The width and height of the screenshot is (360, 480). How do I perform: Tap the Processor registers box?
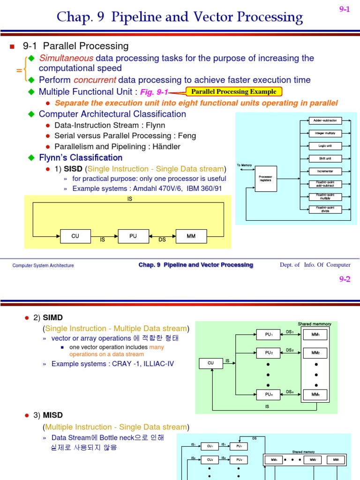point(265,178)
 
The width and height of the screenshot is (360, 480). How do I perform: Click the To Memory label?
point(244,165)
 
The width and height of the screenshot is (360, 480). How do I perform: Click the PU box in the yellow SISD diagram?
point(133,236)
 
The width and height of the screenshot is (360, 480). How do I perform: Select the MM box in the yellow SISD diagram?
point(191,236)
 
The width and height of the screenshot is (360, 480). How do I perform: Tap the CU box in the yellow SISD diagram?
point(75,236)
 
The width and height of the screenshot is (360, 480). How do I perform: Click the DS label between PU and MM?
point(162,240)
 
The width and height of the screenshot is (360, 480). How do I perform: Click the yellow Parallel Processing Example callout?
point(233,91)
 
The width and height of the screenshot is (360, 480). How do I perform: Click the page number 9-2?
point(345,279)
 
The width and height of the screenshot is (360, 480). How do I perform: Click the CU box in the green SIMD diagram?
point(211,363)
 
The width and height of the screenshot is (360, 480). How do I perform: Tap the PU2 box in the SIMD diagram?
point(268,352)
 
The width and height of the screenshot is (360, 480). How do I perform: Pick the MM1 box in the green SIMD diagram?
point(315,335)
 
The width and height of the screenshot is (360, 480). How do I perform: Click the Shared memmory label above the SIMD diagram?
point(314,324)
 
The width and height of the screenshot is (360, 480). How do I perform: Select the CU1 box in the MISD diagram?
point(210,446)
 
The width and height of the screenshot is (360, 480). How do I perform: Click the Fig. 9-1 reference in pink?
point(154,92)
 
